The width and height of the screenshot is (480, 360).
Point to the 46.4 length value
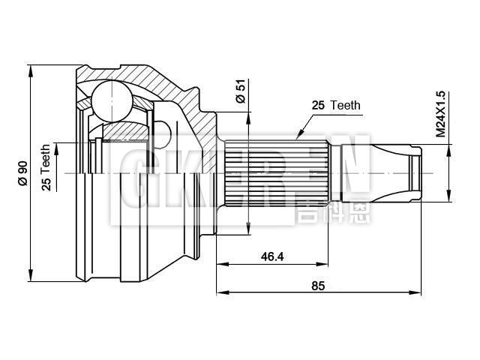[x=271, y=256]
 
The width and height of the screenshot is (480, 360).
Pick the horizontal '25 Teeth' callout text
[x=335, y=106]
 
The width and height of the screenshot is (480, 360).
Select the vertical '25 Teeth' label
[x=46, y=168]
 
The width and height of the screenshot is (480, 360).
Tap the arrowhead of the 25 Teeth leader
[x=298, y=137]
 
